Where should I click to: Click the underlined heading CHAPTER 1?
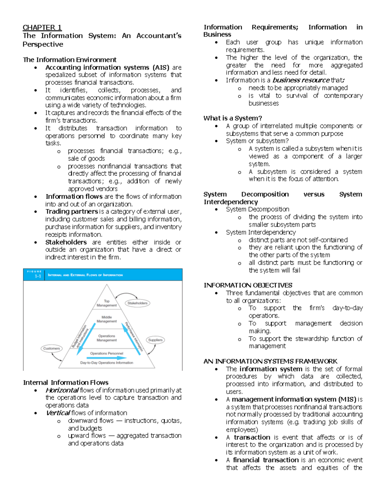[42, 28]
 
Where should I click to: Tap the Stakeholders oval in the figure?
[137, 303]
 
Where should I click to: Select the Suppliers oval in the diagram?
[155, 340]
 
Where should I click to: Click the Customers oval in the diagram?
[52, 348]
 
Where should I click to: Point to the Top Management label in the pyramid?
[107, 303]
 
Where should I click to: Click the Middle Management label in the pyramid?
[107, 319]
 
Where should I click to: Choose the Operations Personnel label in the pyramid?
[107, 353]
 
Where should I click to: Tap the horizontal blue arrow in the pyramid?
[107, 358]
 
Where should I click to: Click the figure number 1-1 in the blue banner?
[38, 276]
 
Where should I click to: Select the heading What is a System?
[233, 118]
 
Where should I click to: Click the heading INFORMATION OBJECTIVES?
[248, 285]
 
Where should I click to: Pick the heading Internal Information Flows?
[65, 383]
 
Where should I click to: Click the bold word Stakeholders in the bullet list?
[66, 242]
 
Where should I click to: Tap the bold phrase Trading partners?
[72, 212]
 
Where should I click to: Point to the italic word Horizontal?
[62, 390]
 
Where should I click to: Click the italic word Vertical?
[58, 413]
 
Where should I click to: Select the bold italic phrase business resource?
[301, 80]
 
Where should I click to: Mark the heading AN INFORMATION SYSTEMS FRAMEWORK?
[270, 361]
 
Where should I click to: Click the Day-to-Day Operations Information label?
[107, 363]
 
